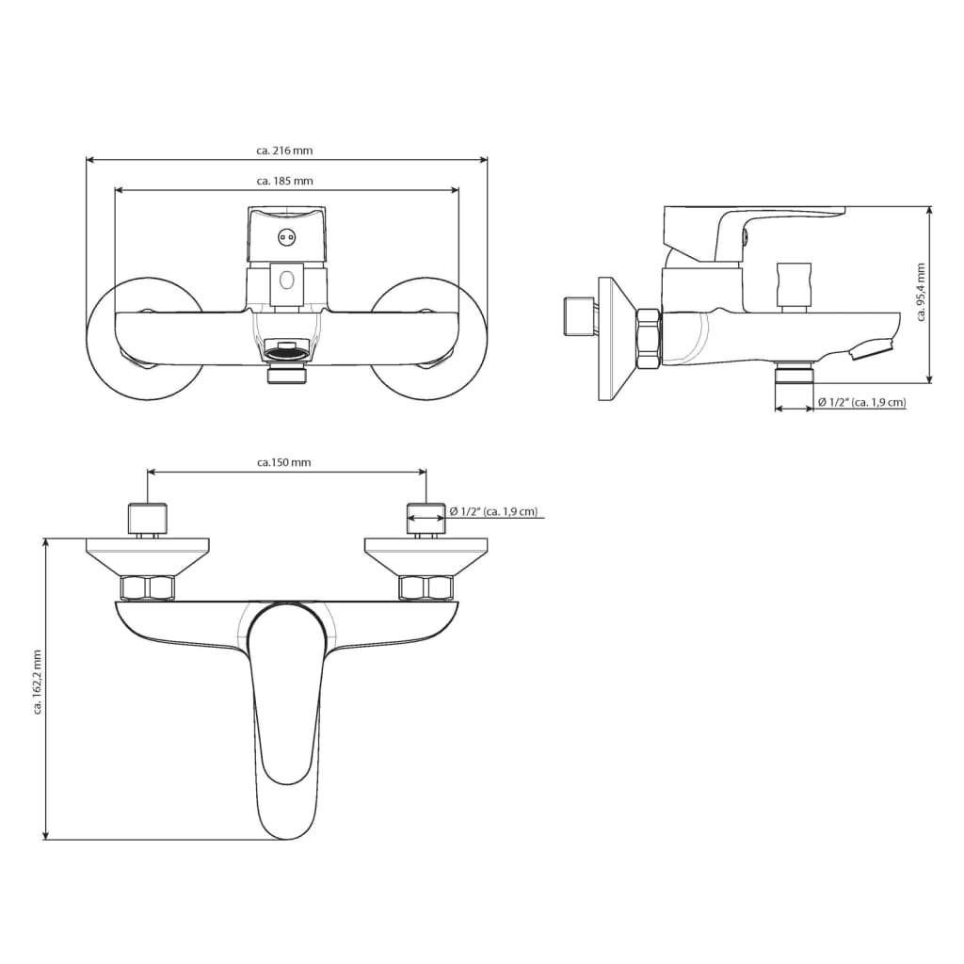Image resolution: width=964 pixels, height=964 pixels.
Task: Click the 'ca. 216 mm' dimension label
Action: [x=285, y=150]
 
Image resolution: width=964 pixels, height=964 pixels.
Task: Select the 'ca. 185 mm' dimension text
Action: [x=285, y=181]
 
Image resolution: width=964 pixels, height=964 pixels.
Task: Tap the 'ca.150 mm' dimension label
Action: [x=284, y=462]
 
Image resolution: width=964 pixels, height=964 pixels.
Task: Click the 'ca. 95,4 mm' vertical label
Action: [x=921, y=292]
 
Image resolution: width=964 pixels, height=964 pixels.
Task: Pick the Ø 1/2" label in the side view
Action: [x=861, y=403]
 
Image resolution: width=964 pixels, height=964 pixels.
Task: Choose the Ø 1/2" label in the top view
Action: [x=493, y=511]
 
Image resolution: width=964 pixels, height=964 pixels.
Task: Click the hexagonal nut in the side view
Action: [x=649, y=337]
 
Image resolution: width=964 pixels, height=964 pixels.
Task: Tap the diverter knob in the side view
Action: [x=793, y=284]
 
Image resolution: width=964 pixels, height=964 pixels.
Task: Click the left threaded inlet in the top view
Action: [x=148, y=517]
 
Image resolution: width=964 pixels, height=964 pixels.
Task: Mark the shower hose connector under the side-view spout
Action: [x=793, y=375]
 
